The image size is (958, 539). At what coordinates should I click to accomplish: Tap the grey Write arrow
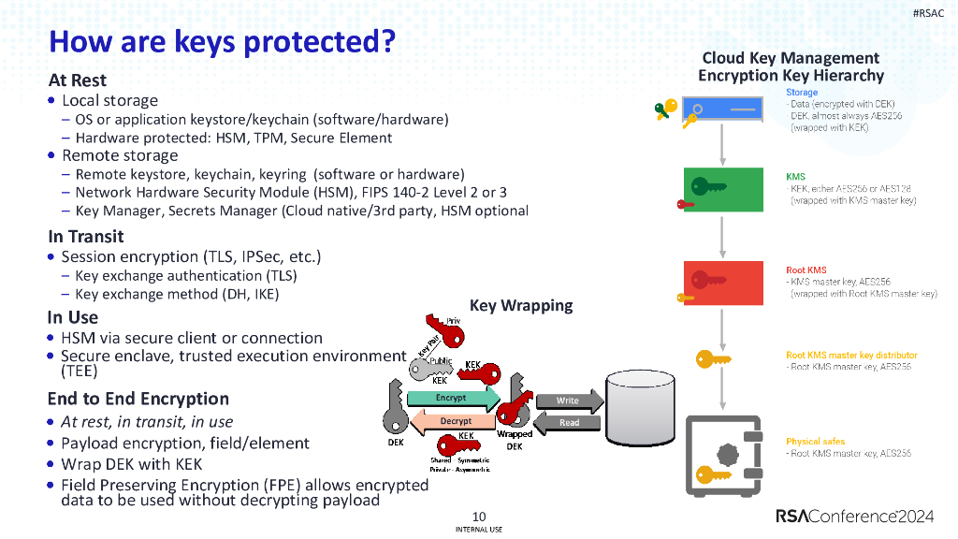[x=567, y=401]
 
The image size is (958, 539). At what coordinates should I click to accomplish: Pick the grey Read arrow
[x=567, y=422]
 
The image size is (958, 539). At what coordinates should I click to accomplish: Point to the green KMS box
[x=722, y=189]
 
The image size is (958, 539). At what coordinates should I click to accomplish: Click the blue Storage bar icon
[x=722, y=110]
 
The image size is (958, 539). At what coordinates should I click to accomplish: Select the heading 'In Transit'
[x=86, y=237]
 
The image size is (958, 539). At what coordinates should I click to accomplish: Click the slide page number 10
[x=479, y=517]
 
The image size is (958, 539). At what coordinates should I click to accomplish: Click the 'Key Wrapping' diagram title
[x=520, y=306]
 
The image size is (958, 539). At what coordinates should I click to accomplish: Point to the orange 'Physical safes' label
[x=815, y=441]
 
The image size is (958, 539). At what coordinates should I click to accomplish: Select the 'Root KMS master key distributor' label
[x=851, y=356]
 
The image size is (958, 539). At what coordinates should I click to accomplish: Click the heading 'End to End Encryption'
[x=138, y=399]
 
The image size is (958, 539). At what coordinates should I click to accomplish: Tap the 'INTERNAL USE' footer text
[x=479, y=530]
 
